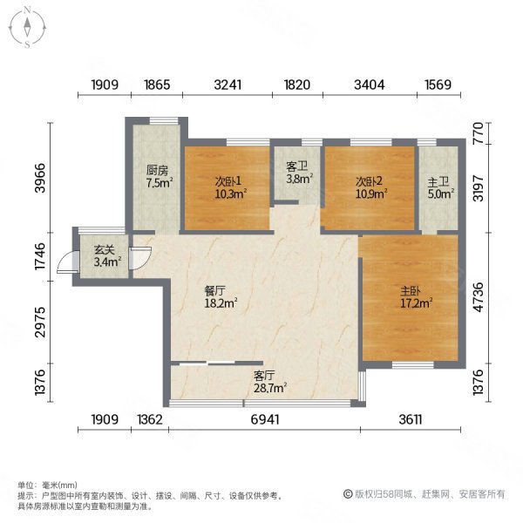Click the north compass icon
click(28, 26)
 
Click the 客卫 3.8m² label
click(298, 176)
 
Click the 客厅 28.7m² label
click(269, 381)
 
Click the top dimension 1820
click(296, 85)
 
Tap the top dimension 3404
click(370, 85)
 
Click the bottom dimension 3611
click(411, 420)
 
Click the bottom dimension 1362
click(150, 420)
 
